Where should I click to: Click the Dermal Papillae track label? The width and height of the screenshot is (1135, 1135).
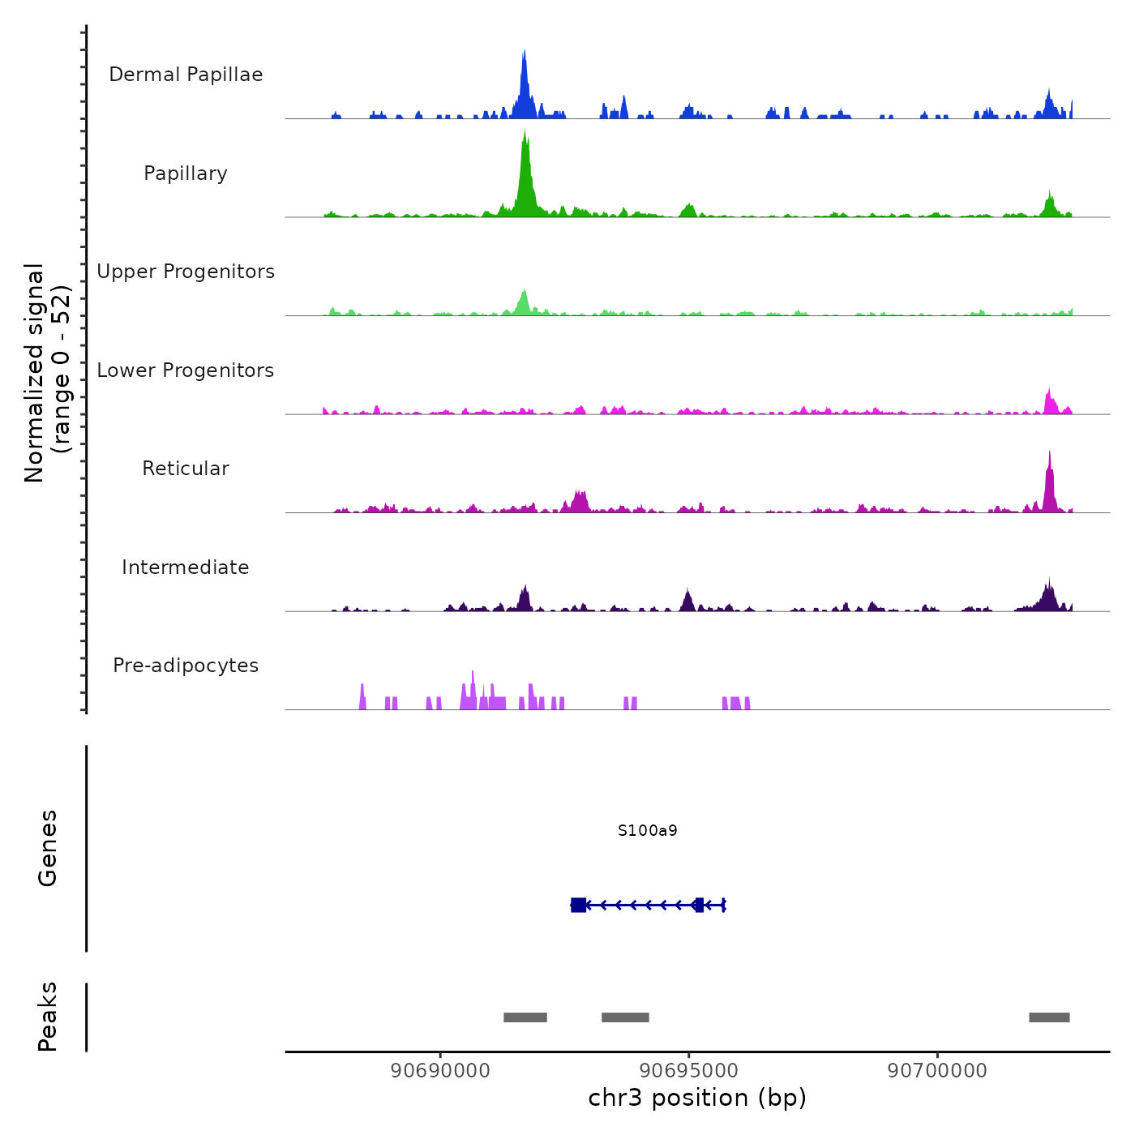coord(186,75)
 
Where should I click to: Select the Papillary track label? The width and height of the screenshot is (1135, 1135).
coord(186,173)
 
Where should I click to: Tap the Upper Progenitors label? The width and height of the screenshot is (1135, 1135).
coord(186,272)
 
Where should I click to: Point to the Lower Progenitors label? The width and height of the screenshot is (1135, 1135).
coord(186,370)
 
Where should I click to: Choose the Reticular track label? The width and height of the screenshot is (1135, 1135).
coord(186,469)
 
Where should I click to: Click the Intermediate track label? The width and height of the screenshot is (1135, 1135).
coord(186,567)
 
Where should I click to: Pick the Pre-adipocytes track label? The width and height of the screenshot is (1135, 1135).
coord(186,666)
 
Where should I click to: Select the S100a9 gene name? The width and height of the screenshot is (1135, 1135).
coord(647,830)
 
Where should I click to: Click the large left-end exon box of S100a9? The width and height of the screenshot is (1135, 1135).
coord(578,905)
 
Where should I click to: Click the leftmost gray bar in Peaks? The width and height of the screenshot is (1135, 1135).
coord(525,1017)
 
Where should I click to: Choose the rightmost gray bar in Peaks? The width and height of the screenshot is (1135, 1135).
coord(1049,1017)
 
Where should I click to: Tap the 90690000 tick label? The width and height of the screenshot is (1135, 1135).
coord(440,1071)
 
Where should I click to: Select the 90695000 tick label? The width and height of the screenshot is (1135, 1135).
coord(689,1071)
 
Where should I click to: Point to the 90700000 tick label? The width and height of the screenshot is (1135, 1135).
coord(937,1071)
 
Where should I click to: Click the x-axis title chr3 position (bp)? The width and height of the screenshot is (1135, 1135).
coord(697,1098)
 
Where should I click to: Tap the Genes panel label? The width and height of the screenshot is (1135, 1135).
coord(48,848)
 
